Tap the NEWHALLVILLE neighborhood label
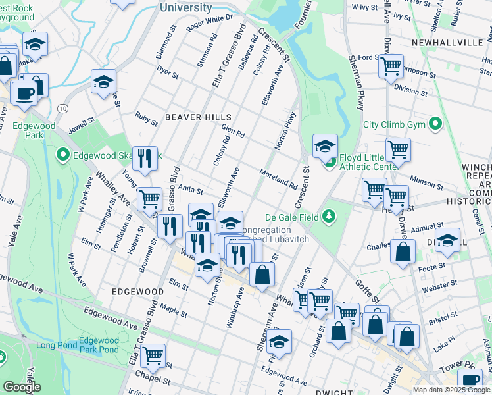(447, 42)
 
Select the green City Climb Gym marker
(435, 124)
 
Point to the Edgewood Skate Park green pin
(62, 155)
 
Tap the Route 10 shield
(62, 107)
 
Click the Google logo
(22, 387)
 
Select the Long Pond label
(54, 345)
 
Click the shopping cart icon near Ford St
(391, 66)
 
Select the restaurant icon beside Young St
(145, 157)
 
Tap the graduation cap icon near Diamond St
(103, 82)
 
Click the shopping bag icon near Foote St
(402, 252)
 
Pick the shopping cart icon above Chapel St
(153, 355)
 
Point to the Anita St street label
(191, 190)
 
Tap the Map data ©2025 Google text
(451, 389)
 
